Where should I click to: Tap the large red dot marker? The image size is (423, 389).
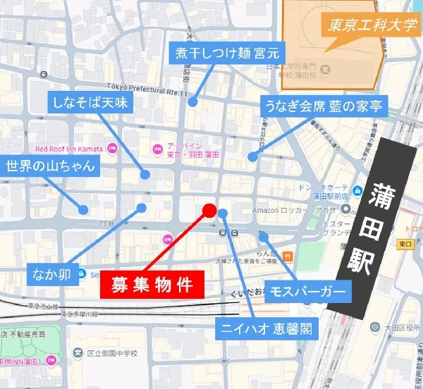click(x=209, y=209)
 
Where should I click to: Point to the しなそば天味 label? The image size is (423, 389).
click(x=97, y=103)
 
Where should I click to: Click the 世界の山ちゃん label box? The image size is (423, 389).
click(x=51, y=167)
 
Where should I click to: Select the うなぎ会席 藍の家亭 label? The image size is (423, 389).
click(x=322, y=106)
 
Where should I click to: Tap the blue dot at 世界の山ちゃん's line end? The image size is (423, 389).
click(x=83, y=209)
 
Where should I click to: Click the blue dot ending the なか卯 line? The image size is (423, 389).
click(x=142, y=208)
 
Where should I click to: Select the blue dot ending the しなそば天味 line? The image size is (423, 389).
click(x=145, y=174)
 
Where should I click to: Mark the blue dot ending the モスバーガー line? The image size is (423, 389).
click(x=263, y=237)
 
